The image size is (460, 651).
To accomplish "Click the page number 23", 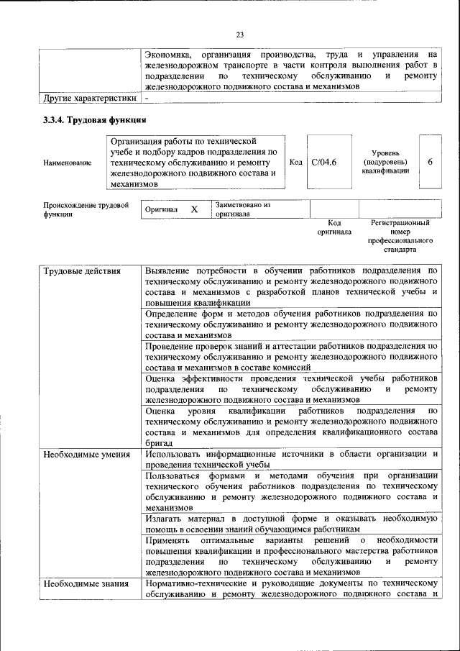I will point(240,35).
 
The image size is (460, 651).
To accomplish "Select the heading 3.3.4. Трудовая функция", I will point(94,119).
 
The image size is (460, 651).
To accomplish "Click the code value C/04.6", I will point(323,162).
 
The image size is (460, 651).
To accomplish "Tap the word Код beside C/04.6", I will point(295,162).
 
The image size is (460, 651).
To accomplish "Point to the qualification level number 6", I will point(429,162).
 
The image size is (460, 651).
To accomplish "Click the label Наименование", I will point(67,163).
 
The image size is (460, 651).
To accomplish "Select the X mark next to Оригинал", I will point(193,209).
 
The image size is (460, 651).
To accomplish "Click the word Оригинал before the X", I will point(160,209).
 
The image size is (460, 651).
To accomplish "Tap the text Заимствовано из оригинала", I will point(241,209).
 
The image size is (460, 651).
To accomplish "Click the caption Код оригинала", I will point(334,228).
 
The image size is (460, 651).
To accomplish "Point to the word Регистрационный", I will point(400,224).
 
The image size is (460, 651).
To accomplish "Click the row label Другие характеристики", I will point(89,97).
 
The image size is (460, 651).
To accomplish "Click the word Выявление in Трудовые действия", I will point(171,270).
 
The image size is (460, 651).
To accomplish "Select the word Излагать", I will point(166,519).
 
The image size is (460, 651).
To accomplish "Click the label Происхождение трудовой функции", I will point(85,209).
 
